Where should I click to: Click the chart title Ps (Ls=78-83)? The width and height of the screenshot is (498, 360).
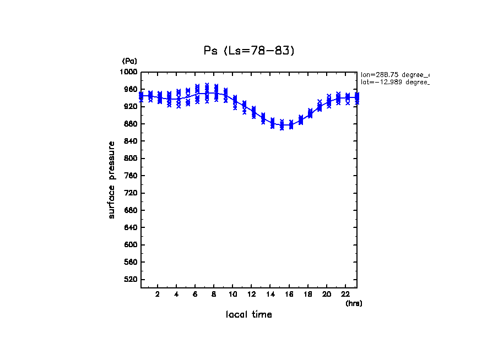[x=249, y=51]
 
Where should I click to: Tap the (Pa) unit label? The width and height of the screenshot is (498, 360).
[x=129, y=61]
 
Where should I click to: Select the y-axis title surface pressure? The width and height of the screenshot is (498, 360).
[x=112, y=179]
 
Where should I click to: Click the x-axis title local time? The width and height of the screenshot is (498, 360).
[x=249, y=315]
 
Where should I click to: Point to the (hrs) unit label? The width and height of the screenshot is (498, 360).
[x=354, y=303]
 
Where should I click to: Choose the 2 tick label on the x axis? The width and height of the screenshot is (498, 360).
[x=158, y=294]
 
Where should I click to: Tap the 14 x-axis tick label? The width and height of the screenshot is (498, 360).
[x=270, y=294]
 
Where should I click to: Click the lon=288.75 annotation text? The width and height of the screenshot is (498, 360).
[x=394, y=74]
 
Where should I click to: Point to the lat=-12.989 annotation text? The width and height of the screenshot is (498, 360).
[x=394, y=82]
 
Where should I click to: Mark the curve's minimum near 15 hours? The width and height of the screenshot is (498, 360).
[x=282, y=126]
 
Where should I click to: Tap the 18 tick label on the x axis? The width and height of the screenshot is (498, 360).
[x=308, y=294]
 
